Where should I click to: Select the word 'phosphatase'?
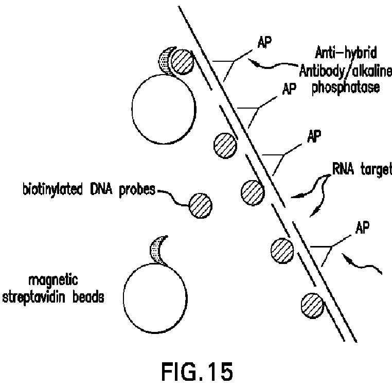(346, 87)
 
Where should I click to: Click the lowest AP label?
(363, 227)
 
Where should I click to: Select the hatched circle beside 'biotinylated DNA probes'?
(199, 204)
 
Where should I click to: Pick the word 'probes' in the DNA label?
(136, 189)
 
